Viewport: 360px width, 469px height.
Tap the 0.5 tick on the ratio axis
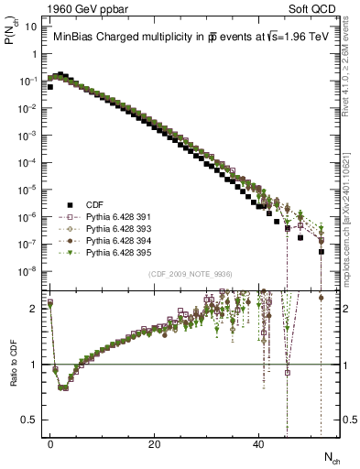click(30, 420)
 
